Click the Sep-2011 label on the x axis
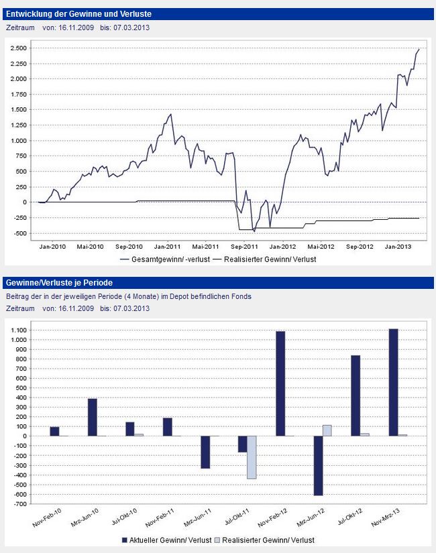pyautogui.click(x=245, y=246)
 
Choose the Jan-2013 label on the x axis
pyautogui.click(x=398, y=246)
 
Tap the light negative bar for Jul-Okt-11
pyautogui.click(x=252, y=457)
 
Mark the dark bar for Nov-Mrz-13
pyautogui.click(x=393, y=382)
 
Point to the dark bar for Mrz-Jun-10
pyautogui.click(x=93, y=417)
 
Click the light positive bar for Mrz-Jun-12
pyautogui.click(x=327, y=430)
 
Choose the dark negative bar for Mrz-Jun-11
pyautogui.click(x=205, y=452)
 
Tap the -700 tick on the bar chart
pyautogui.click(x=21, y=504)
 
